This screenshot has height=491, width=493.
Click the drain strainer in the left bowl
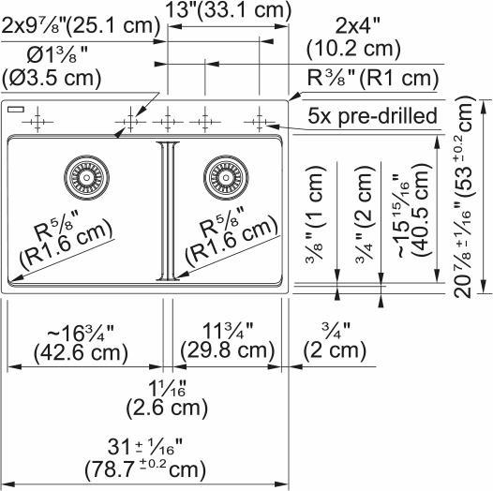(x=91, y=174)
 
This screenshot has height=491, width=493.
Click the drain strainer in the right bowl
(x=225, y=174)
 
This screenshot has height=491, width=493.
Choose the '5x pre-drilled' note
(x=373, y=117)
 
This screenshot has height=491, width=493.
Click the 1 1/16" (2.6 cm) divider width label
(x=166, y=397)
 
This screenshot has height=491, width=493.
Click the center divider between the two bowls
(x=167, y=210)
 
